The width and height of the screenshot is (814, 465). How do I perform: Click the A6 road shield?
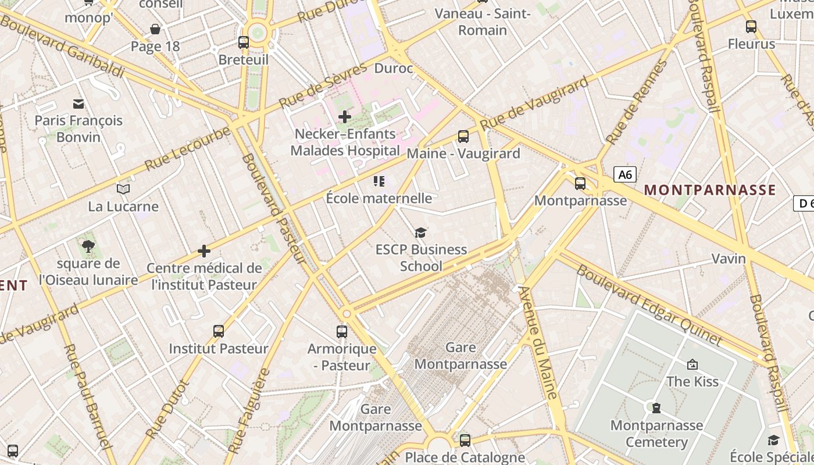pos(625,174)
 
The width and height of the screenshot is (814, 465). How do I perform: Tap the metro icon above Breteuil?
pos(244,42)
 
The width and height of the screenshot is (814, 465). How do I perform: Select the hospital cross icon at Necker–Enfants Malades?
pos(345,117)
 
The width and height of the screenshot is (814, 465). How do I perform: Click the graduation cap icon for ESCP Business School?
pos(420,233)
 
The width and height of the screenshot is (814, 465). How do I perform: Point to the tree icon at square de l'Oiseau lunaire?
pos(88,246)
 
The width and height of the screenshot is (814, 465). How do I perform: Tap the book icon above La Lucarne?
pos(123,189)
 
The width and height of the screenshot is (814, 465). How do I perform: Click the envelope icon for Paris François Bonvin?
pos(78,104)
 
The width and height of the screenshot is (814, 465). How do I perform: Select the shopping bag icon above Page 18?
pos(155,29)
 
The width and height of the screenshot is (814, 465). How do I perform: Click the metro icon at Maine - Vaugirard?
pos(463,137)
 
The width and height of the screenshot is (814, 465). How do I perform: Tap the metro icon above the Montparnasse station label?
pos(580,184)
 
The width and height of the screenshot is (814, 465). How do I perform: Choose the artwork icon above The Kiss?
pos(692,364)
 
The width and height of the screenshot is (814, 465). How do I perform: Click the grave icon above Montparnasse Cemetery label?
pos(656,408)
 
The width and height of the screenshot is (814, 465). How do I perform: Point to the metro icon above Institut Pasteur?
pos(219,331)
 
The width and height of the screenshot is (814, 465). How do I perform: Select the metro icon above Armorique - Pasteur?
pos(342,332)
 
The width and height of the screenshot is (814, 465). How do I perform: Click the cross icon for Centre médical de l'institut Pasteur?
pos(204,251)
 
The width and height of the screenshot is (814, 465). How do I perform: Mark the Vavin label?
pos(729,259)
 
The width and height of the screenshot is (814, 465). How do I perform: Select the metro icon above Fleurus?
pos(751,26)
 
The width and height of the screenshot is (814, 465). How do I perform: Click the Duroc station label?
pos(394,69)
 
